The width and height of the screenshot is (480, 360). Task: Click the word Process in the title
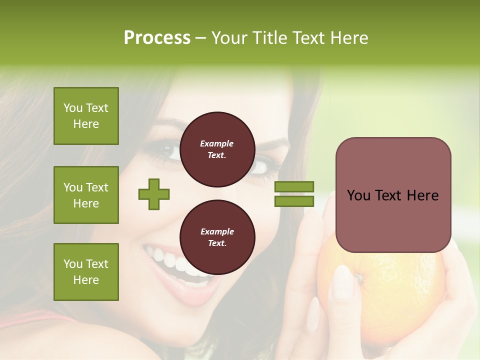point(157,38)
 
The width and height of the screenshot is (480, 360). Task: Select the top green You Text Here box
point(86,116)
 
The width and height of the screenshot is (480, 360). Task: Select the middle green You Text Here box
point(86,195)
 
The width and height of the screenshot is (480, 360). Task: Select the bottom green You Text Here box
point(86,271)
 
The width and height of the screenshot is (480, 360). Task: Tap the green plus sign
point(154,194)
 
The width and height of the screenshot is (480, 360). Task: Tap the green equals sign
point(294,194)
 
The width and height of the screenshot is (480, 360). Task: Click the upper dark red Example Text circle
point(217,149)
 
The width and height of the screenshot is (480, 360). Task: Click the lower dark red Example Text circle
point(217,237)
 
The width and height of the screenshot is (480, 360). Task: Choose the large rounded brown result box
point(393,195)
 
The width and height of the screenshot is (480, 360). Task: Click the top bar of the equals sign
point(294,186)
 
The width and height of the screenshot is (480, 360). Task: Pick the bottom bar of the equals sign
point(294,201)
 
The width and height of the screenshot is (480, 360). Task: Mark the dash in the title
point(200,38)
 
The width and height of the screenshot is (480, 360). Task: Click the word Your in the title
point(229,38)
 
